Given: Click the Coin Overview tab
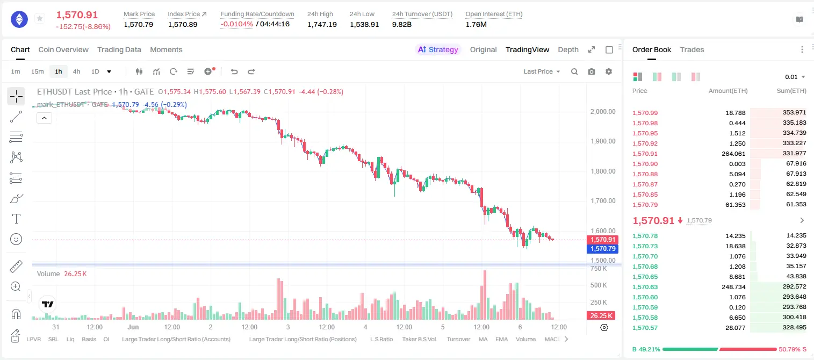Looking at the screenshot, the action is (63, 49).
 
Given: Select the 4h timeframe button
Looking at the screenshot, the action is (76, 71).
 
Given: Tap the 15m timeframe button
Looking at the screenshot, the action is (38, 71).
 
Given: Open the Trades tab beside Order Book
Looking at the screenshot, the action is (692, 49).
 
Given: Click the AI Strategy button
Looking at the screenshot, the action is (438, 49).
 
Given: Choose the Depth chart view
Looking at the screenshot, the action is (568, 49).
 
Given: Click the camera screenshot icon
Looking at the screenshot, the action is (592, 71).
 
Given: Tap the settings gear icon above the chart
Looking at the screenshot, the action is (609, 71).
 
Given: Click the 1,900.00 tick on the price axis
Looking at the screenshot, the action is (603, 141).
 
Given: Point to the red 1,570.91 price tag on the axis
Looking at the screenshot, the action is (602, 240).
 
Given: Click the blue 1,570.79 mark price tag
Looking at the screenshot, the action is (602, 249).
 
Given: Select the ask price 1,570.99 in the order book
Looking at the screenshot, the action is (645, 113).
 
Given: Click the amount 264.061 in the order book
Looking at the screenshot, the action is (733, 154).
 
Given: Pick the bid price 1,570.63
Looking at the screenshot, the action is (645, 287).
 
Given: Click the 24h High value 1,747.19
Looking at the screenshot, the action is (322, 24).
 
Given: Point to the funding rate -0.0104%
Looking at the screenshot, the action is (236, 24).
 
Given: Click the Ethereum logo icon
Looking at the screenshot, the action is (19, 19).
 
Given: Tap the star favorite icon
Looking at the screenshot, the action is (40, 18).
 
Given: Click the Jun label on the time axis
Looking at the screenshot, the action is (133, 327).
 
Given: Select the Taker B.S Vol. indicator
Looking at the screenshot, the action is (419, 339).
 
